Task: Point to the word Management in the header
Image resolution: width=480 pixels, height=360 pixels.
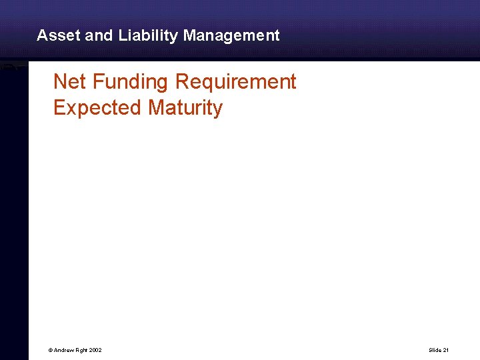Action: pos(231,35)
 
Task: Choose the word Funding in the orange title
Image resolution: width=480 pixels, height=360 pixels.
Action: pos(131,82)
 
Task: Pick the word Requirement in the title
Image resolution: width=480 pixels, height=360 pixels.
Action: pos(235,82)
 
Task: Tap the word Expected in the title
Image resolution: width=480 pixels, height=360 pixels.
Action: pos(98,107)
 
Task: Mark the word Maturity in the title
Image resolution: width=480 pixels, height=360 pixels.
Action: pos(185,107)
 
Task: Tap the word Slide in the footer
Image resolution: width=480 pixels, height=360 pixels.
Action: pos(435,350)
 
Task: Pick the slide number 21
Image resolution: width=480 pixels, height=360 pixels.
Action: pos(446,350)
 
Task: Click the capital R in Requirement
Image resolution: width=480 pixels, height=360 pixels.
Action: pos(182,82)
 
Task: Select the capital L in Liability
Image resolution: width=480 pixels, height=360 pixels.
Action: pos(123,35)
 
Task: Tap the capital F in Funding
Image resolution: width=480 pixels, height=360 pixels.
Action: pos(98,82)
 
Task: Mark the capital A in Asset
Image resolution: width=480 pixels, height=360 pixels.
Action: pos(42,35)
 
